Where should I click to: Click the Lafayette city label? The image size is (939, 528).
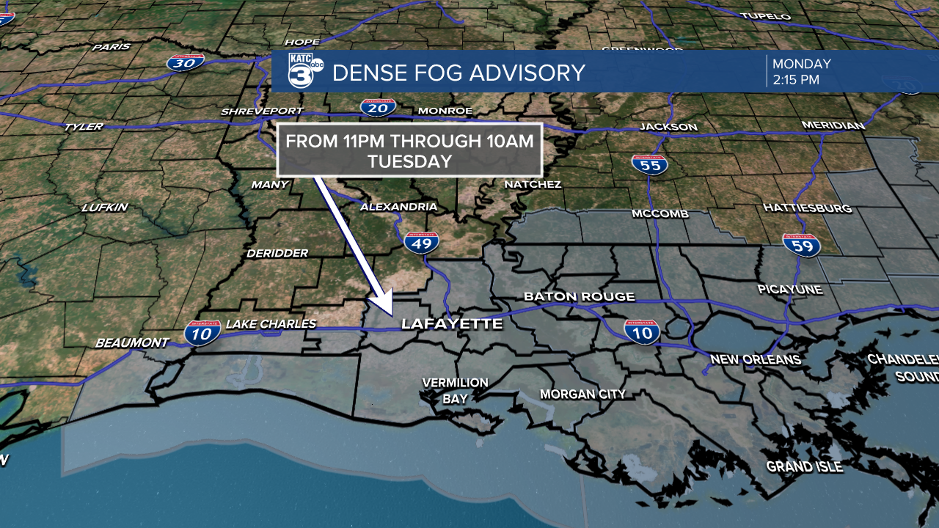pos(451,323)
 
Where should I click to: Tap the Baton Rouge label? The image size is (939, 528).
pos(579,297)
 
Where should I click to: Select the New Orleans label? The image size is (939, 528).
pos(756,359)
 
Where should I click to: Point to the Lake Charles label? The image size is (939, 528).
pos(271,324)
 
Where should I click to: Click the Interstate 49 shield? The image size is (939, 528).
pos(422,242)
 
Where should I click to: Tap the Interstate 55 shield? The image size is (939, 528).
pos(649,164)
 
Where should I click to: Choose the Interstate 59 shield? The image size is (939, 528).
pos(800,245)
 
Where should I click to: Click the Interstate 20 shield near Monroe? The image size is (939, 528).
pos(378,108)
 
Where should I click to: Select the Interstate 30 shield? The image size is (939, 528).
pos(186,62)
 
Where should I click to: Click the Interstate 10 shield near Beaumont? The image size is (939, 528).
pos(202,333)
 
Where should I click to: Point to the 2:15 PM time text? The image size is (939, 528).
pos(795,80)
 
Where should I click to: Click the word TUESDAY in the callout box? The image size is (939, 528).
pos(409,162)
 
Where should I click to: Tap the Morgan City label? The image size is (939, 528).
pos(582,395)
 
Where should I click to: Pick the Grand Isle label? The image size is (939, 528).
pos(804,467)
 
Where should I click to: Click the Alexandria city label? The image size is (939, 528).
pos(398,207)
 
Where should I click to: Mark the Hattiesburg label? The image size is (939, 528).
pos(807,208)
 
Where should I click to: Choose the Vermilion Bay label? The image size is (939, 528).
pos(455,391)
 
